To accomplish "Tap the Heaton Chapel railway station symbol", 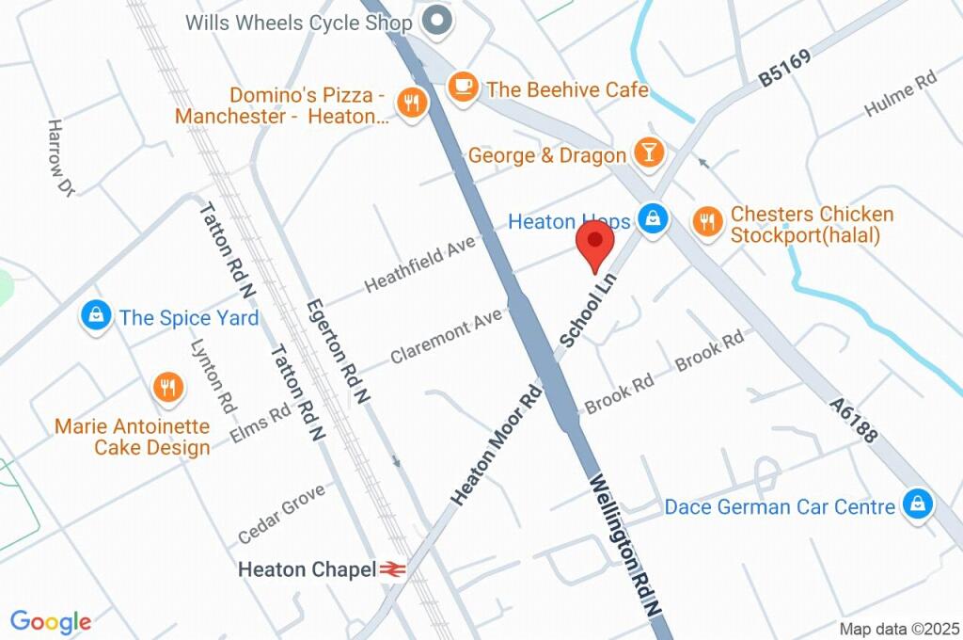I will pos(392,569).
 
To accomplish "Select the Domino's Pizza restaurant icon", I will pos(410,103).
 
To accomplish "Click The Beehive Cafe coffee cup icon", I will pos(461,87).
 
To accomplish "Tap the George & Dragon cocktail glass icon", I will pos(649,152).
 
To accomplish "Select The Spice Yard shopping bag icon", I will pos(96,315).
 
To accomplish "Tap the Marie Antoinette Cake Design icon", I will pos(167,387).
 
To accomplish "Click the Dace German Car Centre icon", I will pos(915,504).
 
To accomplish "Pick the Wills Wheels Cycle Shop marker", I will pos(435,20).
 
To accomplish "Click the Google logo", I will pos(51,621).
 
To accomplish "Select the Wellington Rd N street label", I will pos(625,545).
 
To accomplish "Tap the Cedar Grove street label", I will pos(281,513).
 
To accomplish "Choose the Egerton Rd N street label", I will pos(337,351).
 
